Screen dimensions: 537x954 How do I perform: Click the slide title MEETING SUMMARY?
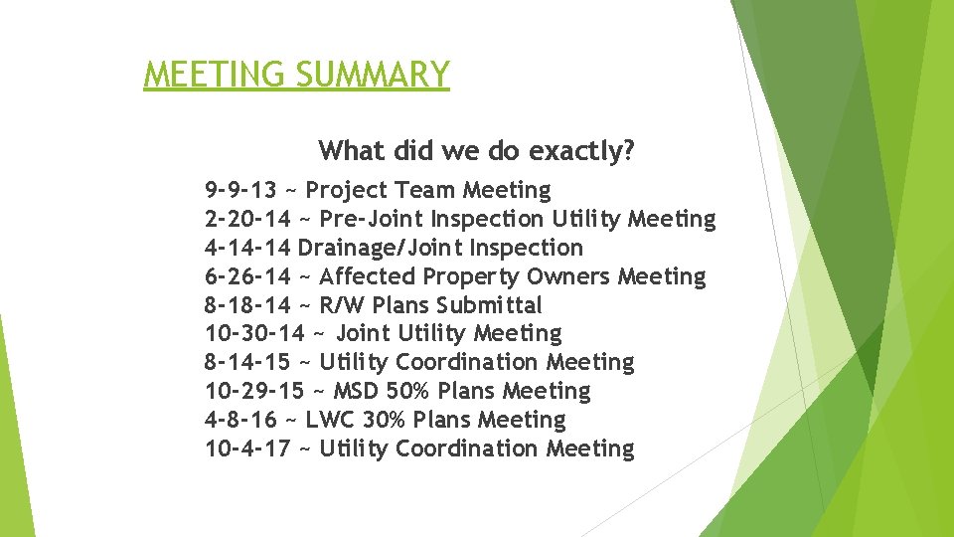296,75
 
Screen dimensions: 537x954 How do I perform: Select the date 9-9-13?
240,190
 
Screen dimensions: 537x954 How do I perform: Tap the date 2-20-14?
247,219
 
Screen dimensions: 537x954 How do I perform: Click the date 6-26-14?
247,276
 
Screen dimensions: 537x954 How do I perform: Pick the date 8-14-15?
247,363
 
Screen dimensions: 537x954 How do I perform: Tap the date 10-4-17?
247,449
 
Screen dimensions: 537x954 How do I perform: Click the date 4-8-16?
240,421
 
